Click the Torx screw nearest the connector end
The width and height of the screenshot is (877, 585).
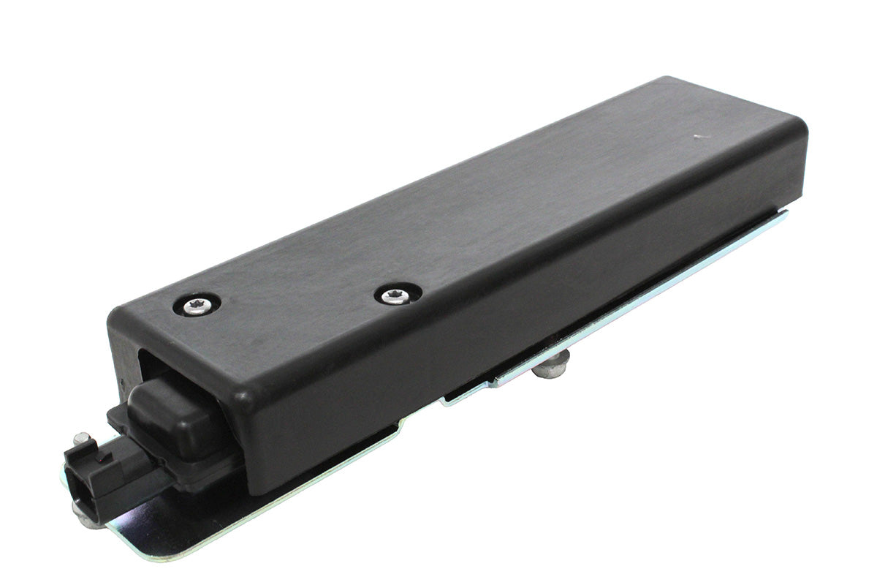197,305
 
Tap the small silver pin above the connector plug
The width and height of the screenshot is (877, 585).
83,438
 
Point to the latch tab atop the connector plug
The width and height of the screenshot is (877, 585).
102,456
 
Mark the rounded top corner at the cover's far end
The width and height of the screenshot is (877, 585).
797,132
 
